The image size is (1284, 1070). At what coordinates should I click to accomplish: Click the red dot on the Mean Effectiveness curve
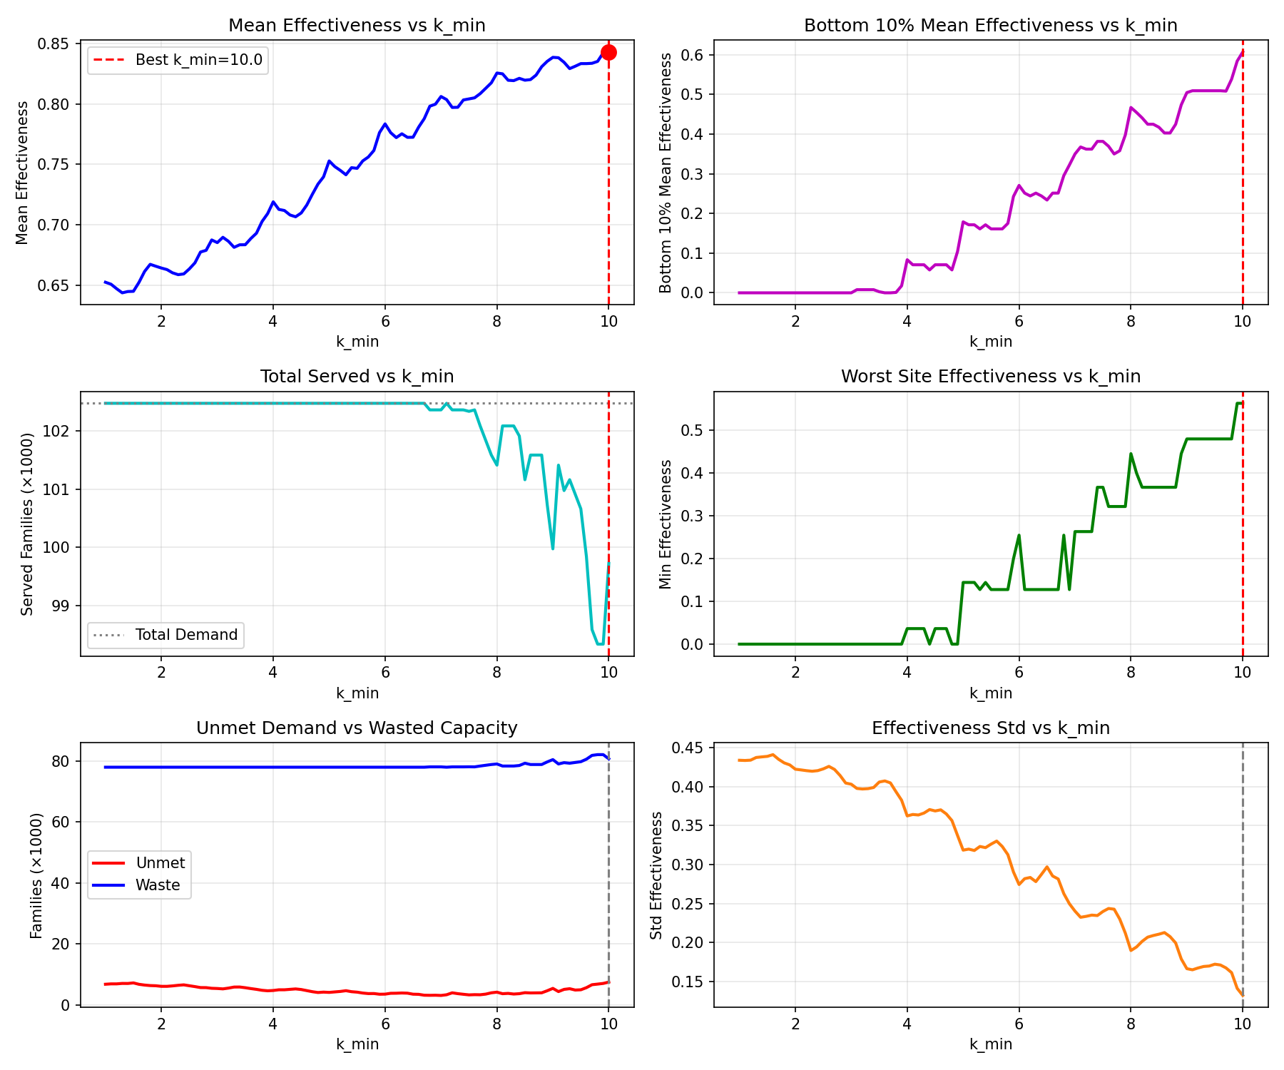click(x=608, y=52)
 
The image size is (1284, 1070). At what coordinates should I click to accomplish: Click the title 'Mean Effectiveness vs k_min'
click(x=357, y=26)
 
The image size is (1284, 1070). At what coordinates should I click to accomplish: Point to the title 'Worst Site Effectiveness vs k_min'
click(x=991, y=377)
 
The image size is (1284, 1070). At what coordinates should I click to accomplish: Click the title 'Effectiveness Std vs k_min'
click(x=991, y=728)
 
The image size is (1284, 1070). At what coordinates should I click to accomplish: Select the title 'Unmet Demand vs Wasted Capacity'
click(x=357, y=728)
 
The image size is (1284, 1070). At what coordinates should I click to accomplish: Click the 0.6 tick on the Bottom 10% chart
click(x=691, y=55)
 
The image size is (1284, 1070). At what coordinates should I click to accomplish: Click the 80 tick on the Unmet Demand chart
click(x=61, y=762)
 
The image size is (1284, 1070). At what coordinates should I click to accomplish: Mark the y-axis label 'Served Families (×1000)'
click(x=27, y=524)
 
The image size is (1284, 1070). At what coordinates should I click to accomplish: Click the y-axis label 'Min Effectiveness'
click(x=666, y=524)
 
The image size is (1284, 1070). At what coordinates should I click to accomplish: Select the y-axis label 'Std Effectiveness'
click(x=656, y=875)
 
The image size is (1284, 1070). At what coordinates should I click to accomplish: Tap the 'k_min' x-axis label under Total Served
click(x=357, y=693)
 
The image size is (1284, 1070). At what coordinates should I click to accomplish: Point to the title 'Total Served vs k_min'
click(x=357, y=377)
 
